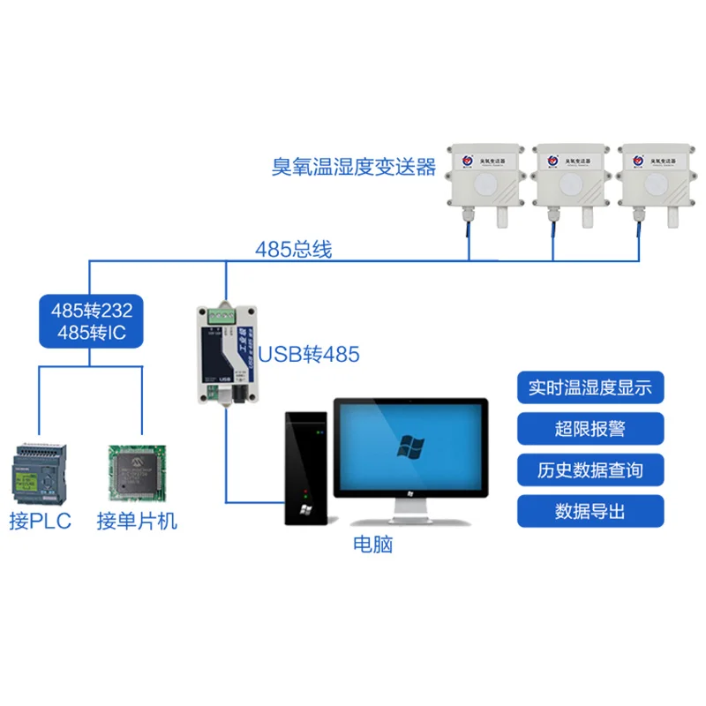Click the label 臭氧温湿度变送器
pyautogui.click(x=354, y=166)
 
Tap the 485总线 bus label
pyautogui.click(x=293, y=250)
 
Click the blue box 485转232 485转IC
pyautogui.click(x=92, y=323)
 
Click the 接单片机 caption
pyautogui.click(x=137, y=521)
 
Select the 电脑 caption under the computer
pyautogui.click(x=372, y=545)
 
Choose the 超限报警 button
pyautogui.click(x=590, y=429)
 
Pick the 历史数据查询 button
pyautogui.click(x=590, y=469)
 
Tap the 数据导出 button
pyautogui.click(x=590, y=511)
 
